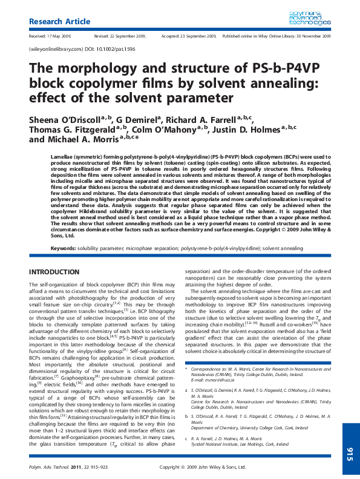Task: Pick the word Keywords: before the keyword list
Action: point(63,248)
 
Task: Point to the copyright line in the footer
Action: point(202,467)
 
